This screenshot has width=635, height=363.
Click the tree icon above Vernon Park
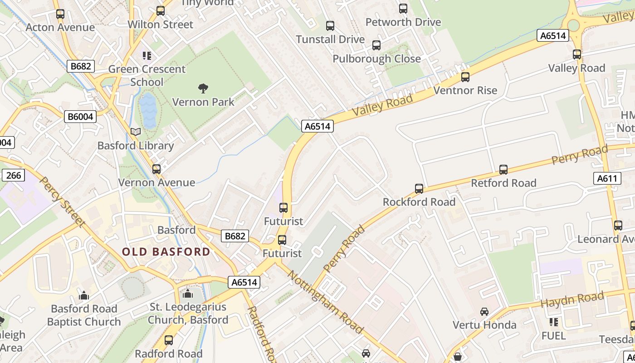[203, 88]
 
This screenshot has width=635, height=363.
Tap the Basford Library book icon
[136, 132]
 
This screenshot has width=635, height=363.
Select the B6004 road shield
[80, 117]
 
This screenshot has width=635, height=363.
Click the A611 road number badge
[607, 178]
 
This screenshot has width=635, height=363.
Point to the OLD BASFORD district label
[166, 252]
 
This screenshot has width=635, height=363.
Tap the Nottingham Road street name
[325, 302]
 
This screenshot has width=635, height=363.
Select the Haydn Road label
[573, 300]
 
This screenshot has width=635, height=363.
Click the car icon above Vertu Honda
[484, 312]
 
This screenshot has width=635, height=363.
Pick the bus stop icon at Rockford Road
[419, 188]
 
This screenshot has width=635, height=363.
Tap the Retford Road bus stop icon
[503, 170]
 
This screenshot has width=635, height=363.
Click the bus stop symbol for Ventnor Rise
[465, 77]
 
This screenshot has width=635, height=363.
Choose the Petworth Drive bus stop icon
[403, 9]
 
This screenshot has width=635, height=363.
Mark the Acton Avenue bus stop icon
[60, 14]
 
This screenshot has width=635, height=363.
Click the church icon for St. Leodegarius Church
[188, 294]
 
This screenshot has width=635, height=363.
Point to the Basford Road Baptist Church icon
[84, 296]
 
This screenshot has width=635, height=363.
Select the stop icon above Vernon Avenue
[156, 169]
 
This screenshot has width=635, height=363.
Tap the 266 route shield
[14, 175]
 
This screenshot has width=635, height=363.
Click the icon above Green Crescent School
[147, 56]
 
